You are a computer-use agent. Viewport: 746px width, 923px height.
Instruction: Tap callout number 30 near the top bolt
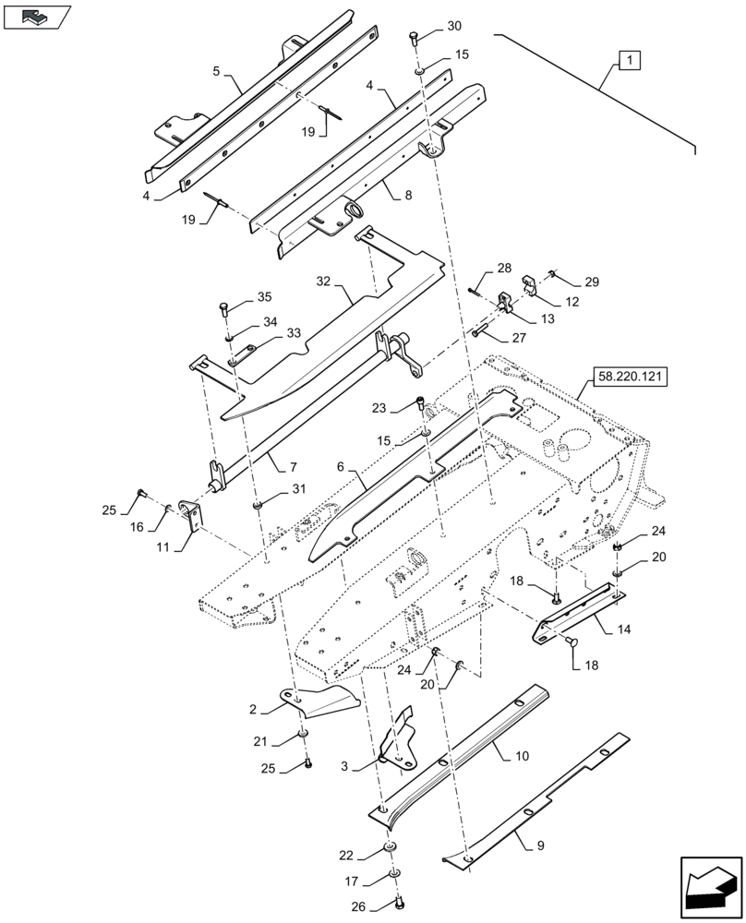tap(454, 26)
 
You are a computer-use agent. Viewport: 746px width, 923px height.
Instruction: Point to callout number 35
tap(264, 297)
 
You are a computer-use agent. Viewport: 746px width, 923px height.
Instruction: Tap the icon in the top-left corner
tap(36, 16)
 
